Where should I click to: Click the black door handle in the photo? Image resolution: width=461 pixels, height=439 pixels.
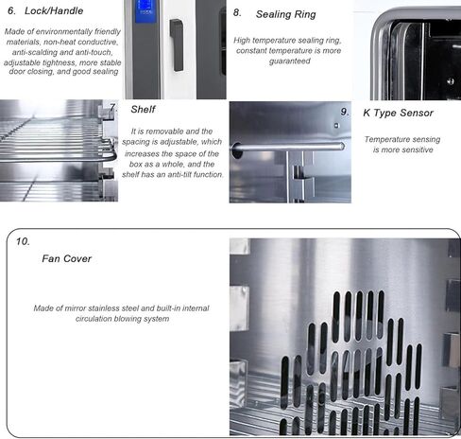point(176,44)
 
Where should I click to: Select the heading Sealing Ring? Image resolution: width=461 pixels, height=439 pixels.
point(286,15)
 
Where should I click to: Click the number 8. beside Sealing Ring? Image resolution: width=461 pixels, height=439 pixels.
point(238,14)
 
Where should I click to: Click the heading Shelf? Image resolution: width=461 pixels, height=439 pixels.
point(144,109)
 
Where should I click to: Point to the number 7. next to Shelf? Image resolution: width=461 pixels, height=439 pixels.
point(113,108)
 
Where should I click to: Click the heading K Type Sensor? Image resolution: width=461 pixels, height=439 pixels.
point(398,113)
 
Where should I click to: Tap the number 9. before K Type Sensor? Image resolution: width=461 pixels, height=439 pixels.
point(345,112)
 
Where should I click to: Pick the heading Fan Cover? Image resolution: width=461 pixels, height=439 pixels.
point(66,258)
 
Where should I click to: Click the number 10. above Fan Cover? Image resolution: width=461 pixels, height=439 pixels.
point(23,241)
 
